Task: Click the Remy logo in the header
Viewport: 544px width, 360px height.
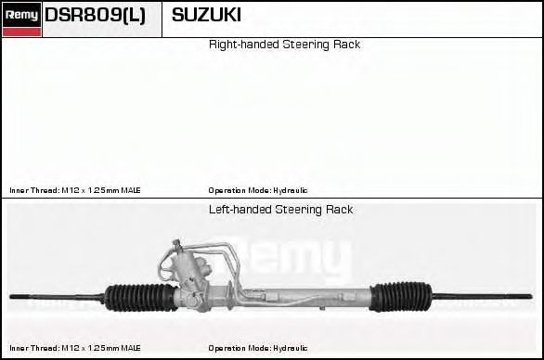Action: coord(21,15)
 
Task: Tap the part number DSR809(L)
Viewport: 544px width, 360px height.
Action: coord(95,15)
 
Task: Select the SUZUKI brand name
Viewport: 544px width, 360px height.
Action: coord(206,15)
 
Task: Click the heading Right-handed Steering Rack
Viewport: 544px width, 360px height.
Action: coord(284,45)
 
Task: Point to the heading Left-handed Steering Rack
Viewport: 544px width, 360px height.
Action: coord(280,210)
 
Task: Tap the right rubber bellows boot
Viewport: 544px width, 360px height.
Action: coord(401,297)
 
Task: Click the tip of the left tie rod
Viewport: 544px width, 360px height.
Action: coord(11,297)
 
